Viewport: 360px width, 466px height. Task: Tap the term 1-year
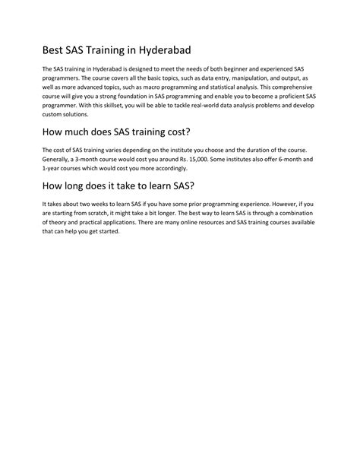[53, 170]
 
